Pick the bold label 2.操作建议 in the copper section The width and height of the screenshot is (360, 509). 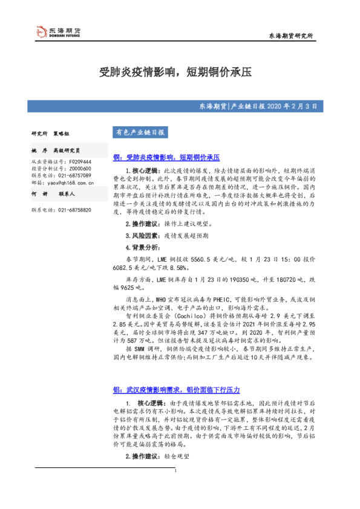pyautogui.click(x=140, y=224)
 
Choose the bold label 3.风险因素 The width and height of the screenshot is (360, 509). pyautogui.click(x=140, y=235)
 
